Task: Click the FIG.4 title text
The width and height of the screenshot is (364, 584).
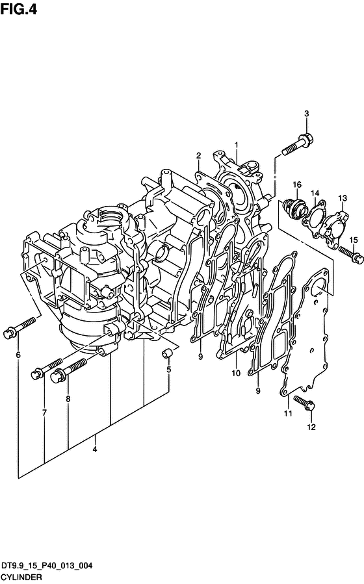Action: point(19,8)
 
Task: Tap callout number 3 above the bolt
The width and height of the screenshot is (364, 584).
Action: point(307,114)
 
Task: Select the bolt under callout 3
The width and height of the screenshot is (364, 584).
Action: point(298,145)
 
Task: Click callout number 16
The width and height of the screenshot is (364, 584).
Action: point(297,184)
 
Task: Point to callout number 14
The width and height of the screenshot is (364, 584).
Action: point(315,193)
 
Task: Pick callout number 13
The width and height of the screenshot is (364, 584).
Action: point(343,198)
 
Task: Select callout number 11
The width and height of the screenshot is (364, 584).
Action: point(288,413)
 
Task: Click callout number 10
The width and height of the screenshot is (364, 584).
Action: point(236,373)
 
